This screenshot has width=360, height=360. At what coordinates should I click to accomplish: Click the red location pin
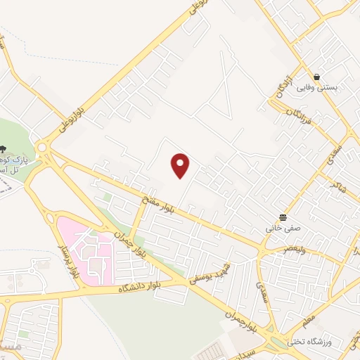click(181, 165)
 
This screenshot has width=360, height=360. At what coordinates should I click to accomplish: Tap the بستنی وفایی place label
click(316, 88)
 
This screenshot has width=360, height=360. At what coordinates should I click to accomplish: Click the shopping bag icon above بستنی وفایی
click(317, 77)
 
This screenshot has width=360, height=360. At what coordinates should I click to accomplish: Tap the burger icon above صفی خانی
click(283, 217)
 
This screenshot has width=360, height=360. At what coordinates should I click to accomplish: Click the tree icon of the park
click(5, 149)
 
